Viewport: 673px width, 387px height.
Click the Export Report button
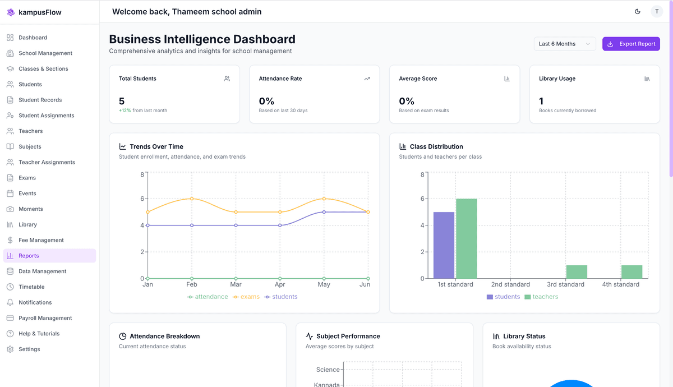[x=631, y=44]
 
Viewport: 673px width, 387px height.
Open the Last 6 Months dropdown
[x=564, y=44]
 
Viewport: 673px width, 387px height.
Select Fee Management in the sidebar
[x=41, y=240]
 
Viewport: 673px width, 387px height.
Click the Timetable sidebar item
[x=31, y=287]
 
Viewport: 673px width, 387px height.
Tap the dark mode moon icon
[x=638, y=11]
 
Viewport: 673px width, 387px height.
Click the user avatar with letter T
[x=656, y=11]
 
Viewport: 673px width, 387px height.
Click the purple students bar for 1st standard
[x=444, y=245]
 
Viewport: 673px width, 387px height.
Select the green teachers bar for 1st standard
[x=466, y=238]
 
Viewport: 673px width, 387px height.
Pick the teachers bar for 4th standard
[x=631, y=272]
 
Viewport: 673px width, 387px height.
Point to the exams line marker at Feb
[x=192, y=199]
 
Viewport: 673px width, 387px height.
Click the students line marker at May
[x=324, y=212]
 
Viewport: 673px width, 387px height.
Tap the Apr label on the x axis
[x=280, y=284]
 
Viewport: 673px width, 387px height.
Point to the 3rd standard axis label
[x=565, y=284]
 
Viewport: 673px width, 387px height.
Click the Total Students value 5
[x=122, y=101]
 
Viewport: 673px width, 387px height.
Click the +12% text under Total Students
[x=125, y=110]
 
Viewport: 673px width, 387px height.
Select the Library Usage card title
[x=557, y=79]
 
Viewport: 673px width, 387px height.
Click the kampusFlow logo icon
[x=11, y=12]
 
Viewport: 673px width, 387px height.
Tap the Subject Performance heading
[x=348, y=336]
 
